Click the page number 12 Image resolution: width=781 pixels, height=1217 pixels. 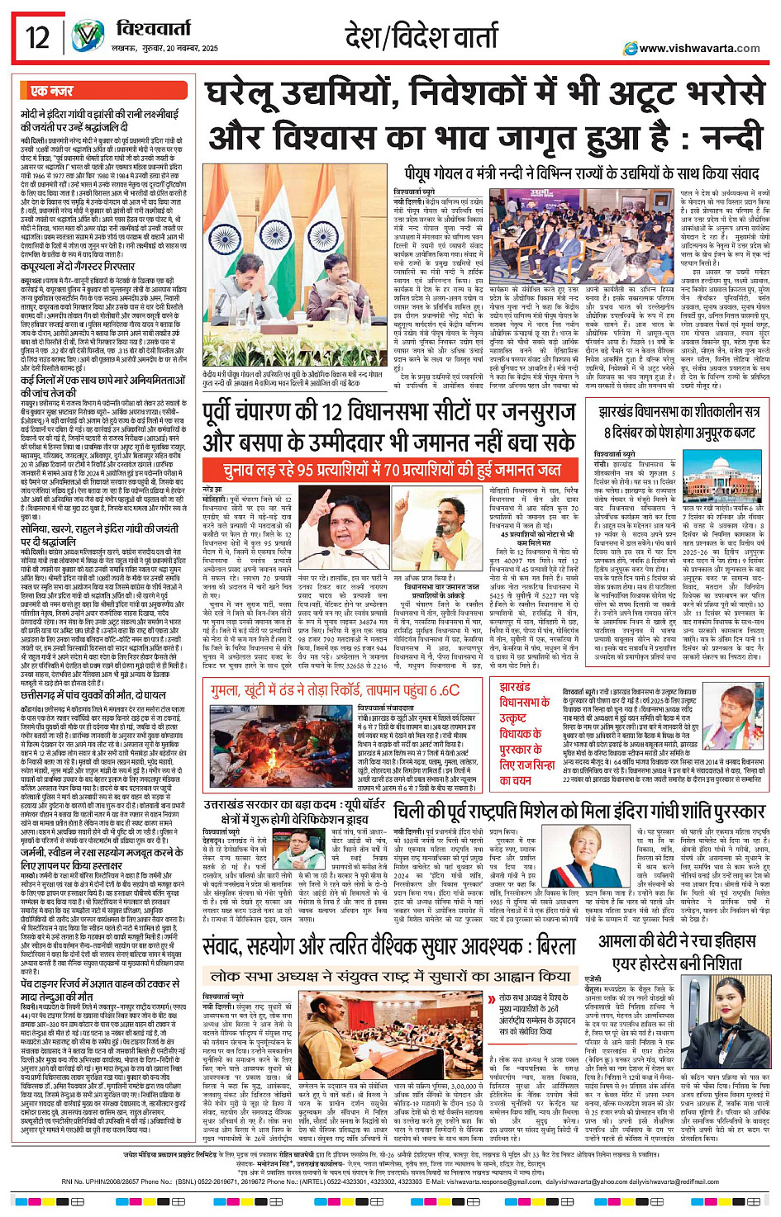[38, 38]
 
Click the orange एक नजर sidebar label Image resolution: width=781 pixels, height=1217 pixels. [52, 91]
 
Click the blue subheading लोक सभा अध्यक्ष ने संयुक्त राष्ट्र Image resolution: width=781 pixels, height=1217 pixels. [389, 952]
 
